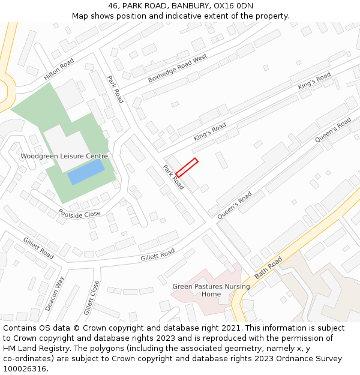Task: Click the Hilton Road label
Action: (58, 70)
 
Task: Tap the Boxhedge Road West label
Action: (177, 68)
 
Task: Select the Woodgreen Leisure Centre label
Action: (64, 156)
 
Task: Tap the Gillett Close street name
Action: (91, 298)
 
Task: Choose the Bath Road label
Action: (268, 268)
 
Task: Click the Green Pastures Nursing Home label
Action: (211, 290)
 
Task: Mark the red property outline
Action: (187, 167)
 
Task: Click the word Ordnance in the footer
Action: (284, 358)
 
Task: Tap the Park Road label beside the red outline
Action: (173, 178)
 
